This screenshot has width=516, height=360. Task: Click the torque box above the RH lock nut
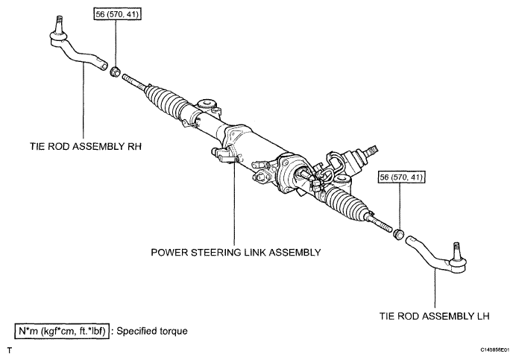pos(118,14)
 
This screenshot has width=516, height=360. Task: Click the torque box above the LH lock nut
pos(401,177)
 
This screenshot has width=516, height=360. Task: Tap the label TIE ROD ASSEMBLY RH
pos(86,146)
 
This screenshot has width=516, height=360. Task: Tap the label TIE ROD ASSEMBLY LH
pos(435,316)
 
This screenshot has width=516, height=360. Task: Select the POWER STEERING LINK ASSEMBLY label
pos(236,253)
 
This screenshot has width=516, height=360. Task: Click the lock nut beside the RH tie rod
pos(115,72)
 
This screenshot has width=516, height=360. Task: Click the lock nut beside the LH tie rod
pos(399,234)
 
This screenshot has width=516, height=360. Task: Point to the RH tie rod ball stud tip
pos(59,17)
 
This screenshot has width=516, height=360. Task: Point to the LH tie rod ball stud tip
pos(456,244)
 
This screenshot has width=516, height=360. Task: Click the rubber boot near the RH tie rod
pos(165,98)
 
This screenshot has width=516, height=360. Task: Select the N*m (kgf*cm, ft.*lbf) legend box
pos(62,331)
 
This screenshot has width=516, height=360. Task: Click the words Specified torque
pos(152,331)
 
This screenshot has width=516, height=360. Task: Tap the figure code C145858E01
pos(495,350)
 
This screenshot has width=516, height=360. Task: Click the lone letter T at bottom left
pos(10,351)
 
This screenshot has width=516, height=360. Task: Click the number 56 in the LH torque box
pos(384,177)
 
